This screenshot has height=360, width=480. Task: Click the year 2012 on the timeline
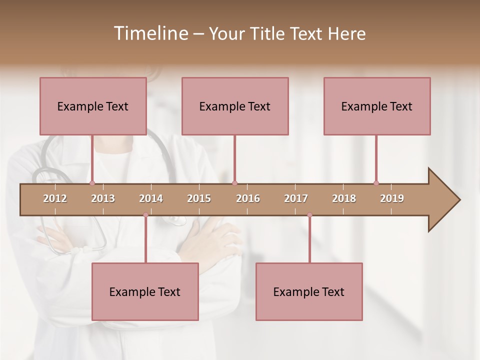tap(55, 198)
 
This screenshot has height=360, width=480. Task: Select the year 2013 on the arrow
tap(103, 198)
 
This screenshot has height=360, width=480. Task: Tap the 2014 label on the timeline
tap(151, 198)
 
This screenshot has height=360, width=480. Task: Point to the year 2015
tap(199, 198)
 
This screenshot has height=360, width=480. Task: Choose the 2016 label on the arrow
tap(248, 198)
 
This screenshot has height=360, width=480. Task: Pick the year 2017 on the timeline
tap(296, 198)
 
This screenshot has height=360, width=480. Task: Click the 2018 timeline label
tap(344, 198)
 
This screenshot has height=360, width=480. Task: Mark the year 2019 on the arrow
tap(392, 198)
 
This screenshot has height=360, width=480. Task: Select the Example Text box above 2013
tap(93, 106)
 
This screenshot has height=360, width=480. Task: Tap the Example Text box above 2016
tap(235, 106)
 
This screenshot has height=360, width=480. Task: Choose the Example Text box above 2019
tap(377, 106)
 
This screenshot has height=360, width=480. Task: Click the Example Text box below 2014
tap(145, 291)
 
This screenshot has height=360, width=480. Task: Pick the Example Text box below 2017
tap(309, 291)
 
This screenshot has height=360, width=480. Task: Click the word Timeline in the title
tap(150, 33)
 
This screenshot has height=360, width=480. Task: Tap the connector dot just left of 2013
tap(92, 183)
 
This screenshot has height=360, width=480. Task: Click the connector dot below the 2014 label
tap(145, 215)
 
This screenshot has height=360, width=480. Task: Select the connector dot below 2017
tap(309, 215)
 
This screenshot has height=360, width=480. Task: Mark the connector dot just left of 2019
tap(376, 183)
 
